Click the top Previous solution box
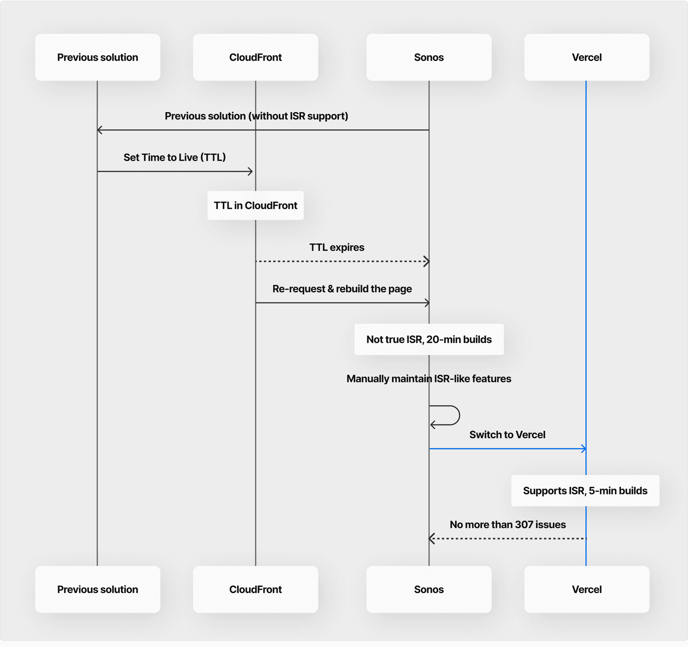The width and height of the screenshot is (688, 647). [97, 57]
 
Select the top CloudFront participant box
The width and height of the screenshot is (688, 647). [255, 57]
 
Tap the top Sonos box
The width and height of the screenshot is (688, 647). [429, 57]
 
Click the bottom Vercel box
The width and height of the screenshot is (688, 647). [587, 589]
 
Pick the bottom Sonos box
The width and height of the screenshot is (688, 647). [429, 589]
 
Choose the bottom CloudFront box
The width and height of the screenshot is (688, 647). [255, 589]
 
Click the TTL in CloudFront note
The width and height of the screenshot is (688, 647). [255, 205]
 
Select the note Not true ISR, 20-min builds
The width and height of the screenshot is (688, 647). [429, 339]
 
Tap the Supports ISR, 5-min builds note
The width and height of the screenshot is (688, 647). [585, 490]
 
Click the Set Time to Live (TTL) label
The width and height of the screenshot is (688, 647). [175, 157]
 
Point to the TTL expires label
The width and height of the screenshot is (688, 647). [336, 247]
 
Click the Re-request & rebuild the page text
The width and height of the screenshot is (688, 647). [342, 289]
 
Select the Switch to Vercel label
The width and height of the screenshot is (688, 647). [507, 435]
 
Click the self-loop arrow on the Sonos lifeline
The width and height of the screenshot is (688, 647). [451, 416]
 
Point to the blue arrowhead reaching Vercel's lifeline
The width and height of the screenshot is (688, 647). [584, 449]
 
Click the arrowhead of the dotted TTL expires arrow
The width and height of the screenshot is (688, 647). [426, 261]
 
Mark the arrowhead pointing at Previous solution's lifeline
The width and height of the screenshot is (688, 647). [100, 130]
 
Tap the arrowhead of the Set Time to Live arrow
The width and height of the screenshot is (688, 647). [250, 172]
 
